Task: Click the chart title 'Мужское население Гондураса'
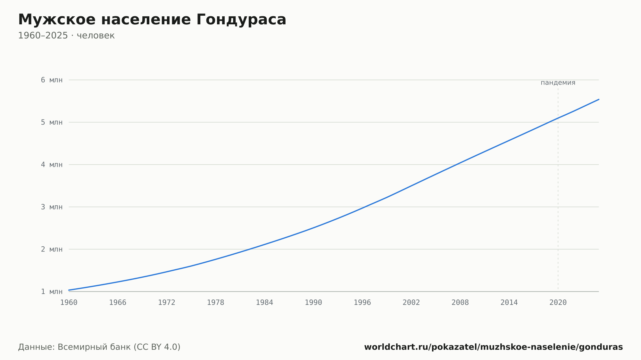click(x=152, y=20)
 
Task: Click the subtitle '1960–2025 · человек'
click(x=66, y=36)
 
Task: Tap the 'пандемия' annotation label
click(x=558, y=83)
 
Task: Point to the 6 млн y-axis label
click(x=52, y=80)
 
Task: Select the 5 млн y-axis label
click(x=52, y=122)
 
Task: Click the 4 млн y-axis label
click(x=52, y=165)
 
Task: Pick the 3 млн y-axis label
click(x=52, y=207)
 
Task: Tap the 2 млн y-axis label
click(x=52, y=249)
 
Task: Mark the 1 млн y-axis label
click(x=52, y=291)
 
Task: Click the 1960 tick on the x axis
click(x=69, y=303)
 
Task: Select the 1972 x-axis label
click(x=167, y=303)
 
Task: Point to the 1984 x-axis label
click(x=264, y=303)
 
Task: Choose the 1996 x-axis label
click(x=362, y=303)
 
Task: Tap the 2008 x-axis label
click(x=460, y=303)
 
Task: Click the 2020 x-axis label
click(x=558, y=303)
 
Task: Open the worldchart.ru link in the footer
click(x=494, y=347)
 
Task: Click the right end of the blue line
click(x=599, y=99)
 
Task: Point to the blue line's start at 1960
click(x=69, y=290)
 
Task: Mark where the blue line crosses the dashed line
click(x=558, y=118)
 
